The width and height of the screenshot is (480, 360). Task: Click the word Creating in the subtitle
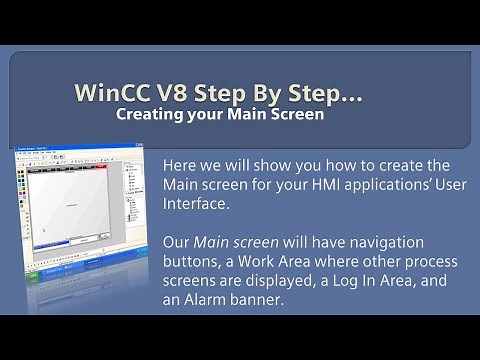tap(146, 115)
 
